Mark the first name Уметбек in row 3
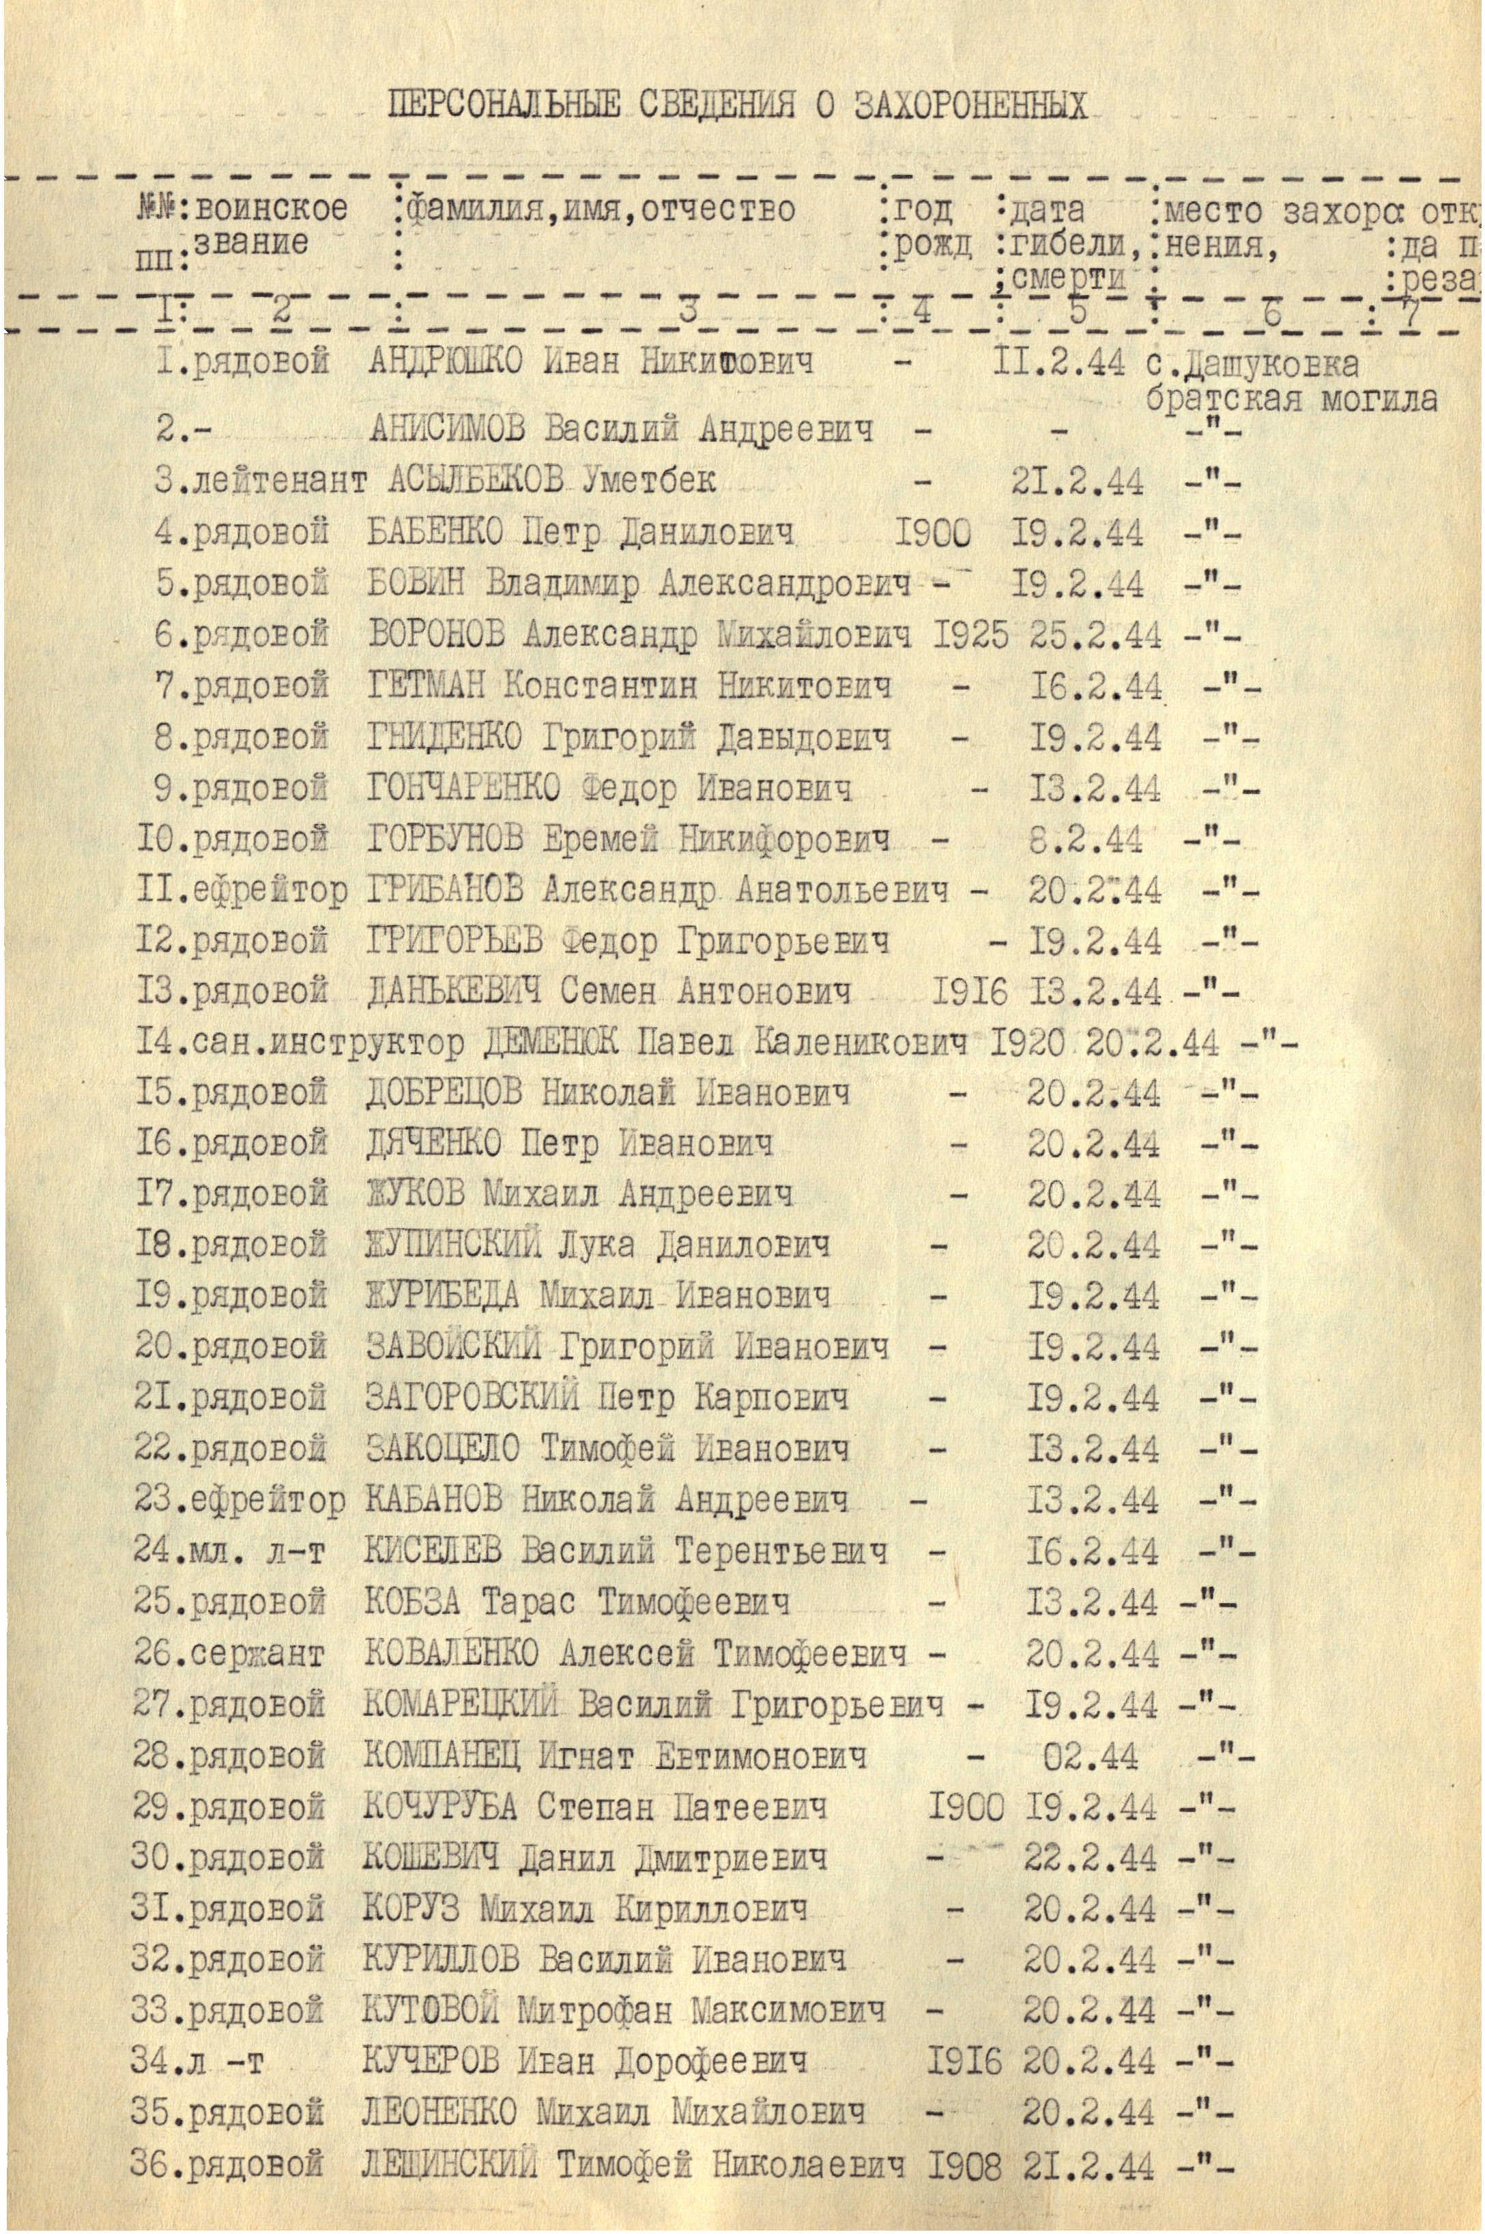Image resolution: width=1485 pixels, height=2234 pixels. click(650, 481)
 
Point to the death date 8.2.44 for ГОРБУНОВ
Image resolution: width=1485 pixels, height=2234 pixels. click(1085, 838)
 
